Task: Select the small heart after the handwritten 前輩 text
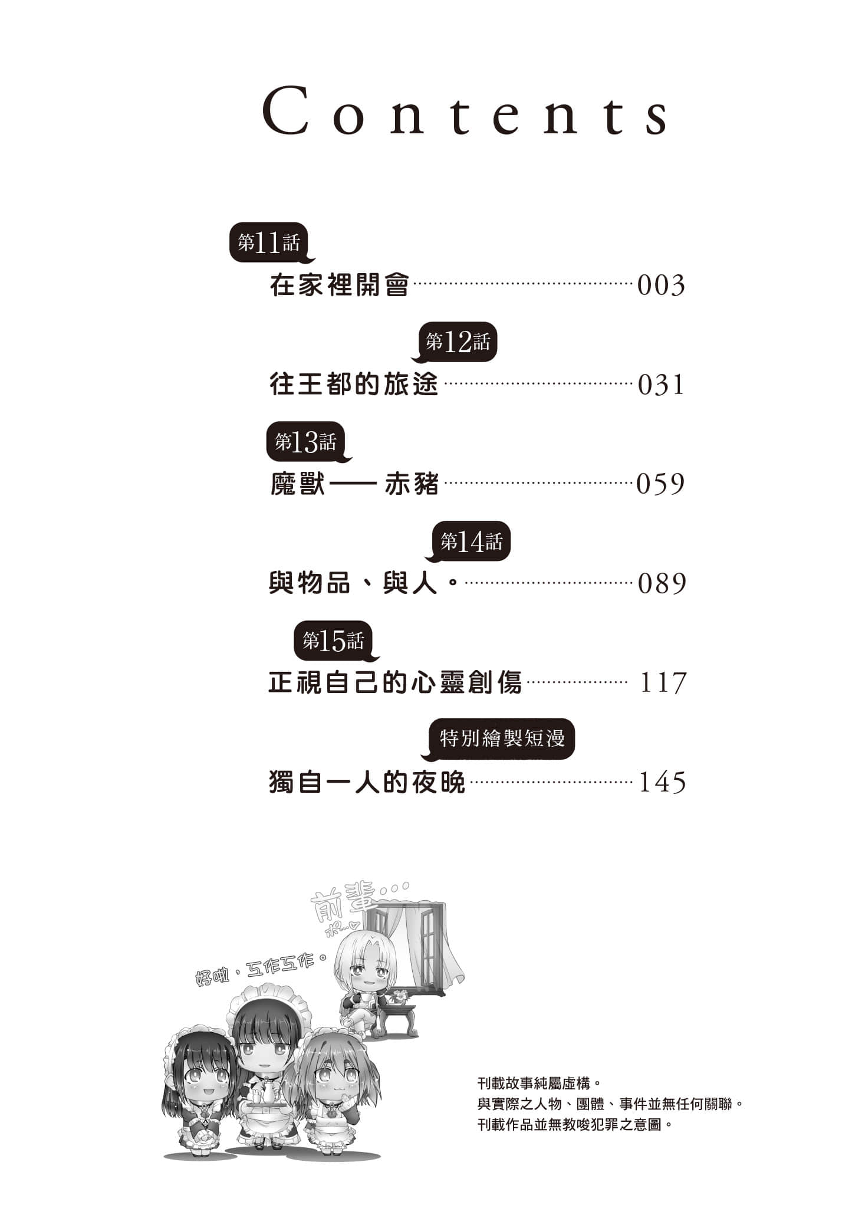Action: pos(353,931)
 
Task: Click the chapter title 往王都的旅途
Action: pos(354,385)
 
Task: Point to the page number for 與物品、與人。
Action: pos(662,584)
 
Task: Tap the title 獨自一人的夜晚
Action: pos(367,783)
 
